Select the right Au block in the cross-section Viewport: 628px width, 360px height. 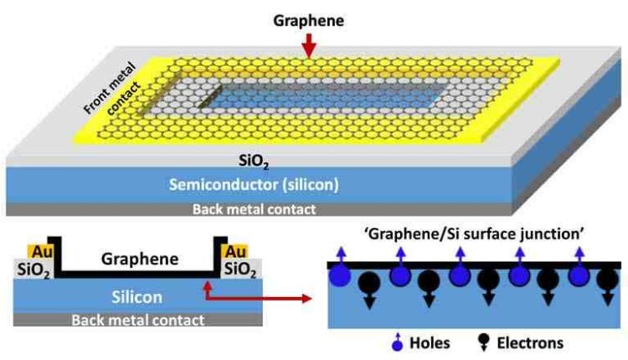pyautogui.click(x=237, y=249)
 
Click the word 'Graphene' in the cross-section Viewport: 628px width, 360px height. pyautogui.click(x=139, y=259)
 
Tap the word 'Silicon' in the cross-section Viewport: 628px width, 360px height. pyautogui.click(x=138, y=296)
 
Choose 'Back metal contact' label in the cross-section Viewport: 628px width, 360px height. pyautogui.click(x=138, y=319)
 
